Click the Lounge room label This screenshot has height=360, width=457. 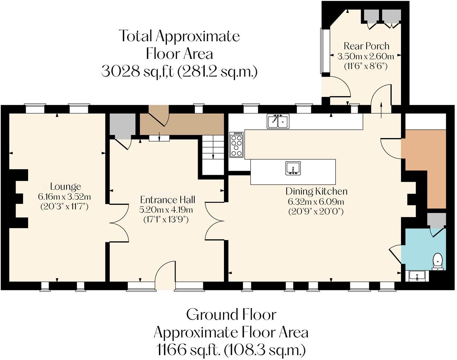(x=65, y=187)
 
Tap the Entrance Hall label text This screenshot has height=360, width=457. (x=168, y=200)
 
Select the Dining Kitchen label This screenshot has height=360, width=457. (x=316, y=191)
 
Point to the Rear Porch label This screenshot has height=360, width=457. (x=366, y=46)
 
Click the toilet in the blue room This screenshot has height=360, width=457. (x=438, y=261)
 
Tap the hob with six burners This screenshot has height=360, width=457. (x=236, y=144)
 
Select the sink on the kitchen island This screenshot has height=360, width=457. (x=293, y=168)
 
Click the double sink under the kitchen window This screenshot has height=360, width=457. (x=278, y=121)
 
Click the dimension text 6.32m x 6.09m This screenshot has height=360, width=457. (x=316, y=201)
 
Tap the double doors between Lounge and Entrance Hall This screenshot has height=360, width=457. (x=118, y=226)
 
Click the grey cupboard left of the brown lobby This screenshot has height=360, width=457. (x=122, y=125)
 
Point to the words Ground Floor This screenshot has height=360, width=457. (x=231, y=315)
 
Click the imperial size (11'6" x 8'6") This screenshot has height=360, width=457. (x=366, y=66)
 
